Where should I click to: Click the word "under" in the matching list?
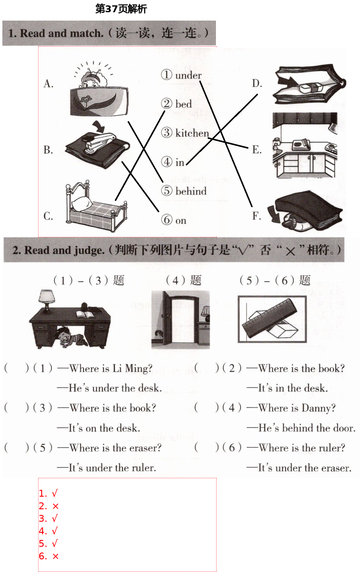(x=188, y=76)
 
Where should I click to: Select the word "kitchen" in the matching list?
(x=192, y=133)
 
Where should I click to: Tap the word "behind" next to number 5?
(x=191, y=191)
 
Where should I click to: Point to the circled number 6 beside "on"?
(x=167, y=220)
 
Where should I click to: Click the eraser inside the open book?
(x=310, y=87)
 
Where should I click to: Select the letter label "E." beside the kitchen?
(x=257, y=149)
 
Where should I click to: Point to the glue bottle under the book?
(x=293, y=223)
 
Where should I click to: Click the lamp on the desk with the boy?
(x=47, y=300)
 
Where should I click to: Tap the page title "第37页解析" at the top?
(x=121, y=9)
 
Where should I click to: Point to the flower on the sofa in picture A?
(x=86, y=99)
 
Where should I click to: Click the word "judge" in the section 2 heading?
(x=89, y=250)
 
